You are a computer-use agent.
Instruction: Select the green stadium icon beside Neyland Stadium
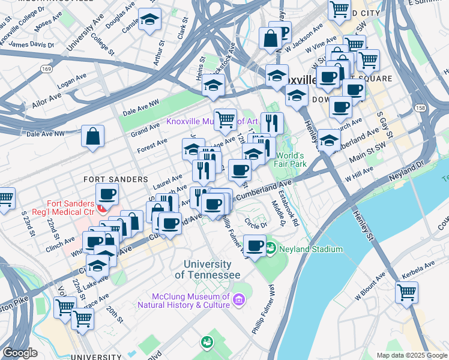tap(270, 247)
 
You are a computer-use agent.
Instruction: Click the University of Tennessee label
tap(207, 269)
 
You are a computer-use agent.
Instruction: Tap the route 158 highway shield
tap(420, 108)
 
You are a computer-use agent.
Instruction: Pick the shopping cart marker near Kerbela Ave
tap(406, 293)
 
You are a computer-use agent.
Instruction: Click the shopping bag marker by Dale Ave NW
tap(93, 136)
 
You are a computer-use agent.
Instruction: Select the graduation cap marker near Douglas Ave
tap(149, 20)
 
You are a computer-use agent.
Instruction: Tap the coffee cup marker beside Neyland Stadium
tap(255, 245)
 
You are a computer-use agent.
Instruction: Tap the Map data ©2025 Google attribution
tap(411, 355)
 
